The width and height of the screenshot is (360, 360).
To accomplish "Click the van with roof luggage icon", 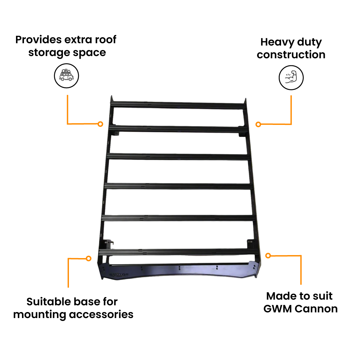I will coord(66,76).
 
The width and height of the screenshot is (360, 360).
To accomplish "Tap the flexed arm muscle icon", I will coord(291,78).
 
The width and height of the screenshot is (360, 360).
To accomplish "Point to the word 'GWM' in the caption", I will coord(278,309).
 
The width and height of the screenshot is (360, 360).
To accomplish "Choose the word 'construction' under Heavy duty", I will coord(291,55).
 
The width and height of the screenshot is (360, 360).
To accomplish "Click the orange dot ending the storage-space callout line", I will coord(100,124).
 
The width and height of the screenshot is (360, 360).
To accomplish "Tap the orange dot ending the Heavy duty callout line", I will coord(258,124).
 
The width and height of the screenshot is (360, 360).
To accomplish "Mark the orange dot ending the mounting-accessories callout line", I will coord(89,258).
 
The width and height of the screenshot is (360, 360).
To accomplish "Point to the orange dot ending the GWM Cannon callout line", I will coord(268,255).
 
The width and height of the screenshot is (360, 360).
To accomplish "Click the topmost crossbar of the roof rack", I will coord(179,105).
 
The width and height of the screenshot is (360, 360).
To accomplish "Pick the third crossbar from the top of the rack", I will coord(179,157).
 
